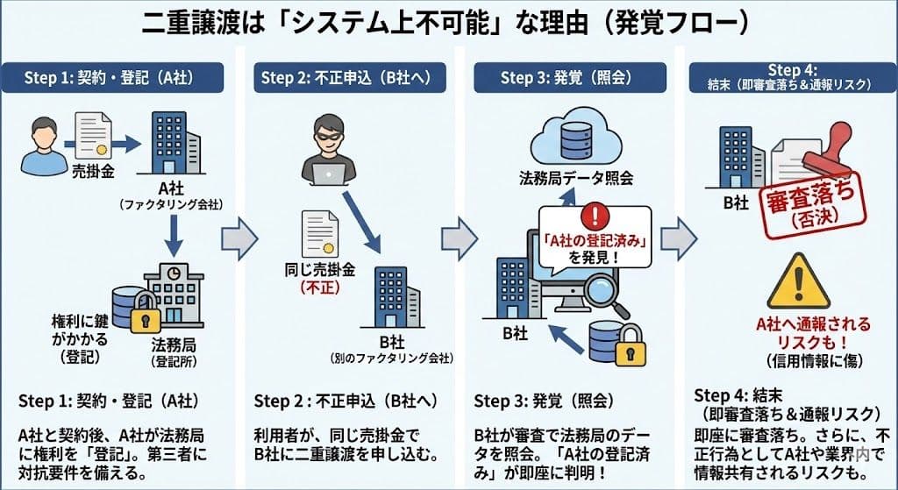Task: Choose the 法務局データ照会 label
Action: (x=573, y=179)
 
